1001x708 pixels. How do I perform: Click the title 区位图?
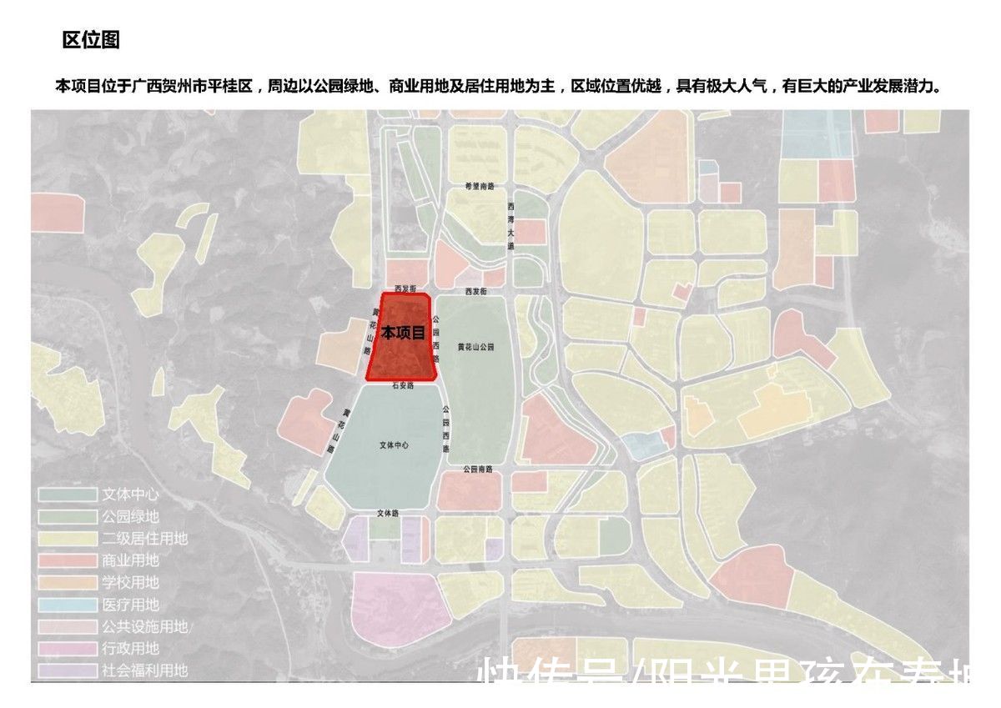pyautogui.click(x=92, y=40)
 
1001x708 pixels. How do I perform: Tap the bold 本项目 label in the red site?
pyautogui.click(x=404, y=333)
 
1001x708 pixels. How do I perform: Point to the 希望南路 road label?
pyautogui.click(x=481, y=186)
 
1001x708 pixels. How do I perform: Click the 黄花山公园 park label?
pyautogui.click(x=475, y=346)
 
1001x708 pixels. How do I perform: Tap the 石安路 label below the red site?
pyautogui.click(x=403, y=387)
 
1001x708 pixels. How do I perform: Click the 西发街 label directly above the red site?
pyautogui.click(x=405, y=289)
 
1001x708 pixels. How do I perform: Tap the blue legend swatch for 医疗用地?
pyautogui.click(x=66, y=605)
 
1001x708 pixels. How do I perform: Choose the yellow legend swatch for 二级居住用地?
pyautogui.click(x=66, y=539)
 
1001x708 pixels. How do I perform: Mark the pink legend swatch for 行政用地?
pyautogui.click(x=66, y=648)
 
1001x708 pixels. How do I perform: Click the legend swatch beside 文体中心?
pyautogui.click(x=66, y=495)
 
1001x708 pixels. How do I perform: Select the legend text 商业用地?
pyautogui.click(x=130, y=560)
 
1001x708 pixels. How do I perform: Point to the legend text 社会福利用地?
pyautogui.click(x=144, y=670)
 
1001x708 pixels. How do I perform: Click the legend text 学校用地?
pyautogui.click(x=130, y=582)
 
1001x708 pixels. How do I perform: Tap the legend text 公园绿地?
pyautogui.click(x=130, y=517)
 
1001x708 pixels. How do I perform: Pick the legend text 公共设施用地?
pyautogui.click(x=144, y=626)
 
